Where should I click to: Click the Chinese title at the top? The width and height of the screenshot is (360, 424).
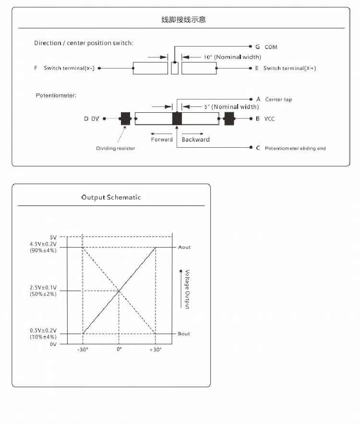point(184,20)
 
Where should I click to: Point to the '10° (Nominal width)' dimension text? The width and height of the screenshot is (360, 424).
point(232,57)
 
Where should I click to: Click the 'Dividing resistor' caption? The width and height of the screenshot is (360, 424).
point(116,148)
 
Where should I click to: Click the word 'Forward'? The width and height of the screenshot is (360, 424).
point(162,140)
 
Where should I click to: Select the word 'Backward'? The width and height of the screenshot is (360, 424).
point(195,140)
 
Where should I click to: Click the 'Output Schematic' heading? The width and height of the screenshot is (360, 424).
point(111,198)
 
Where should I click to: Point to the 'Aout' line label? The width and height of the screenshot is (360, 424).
point(184,247)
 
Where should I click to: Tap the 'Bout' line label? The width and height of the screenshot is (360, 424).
point(184,334)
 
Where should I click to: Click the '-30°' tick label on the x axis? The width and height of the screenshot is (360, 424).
point(83,350)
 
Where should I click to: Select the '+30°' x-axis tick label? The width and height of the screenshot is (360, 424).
point(155,350)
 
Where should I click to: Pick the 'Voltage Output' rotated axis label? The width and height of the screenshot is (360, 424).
point(187,289)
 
